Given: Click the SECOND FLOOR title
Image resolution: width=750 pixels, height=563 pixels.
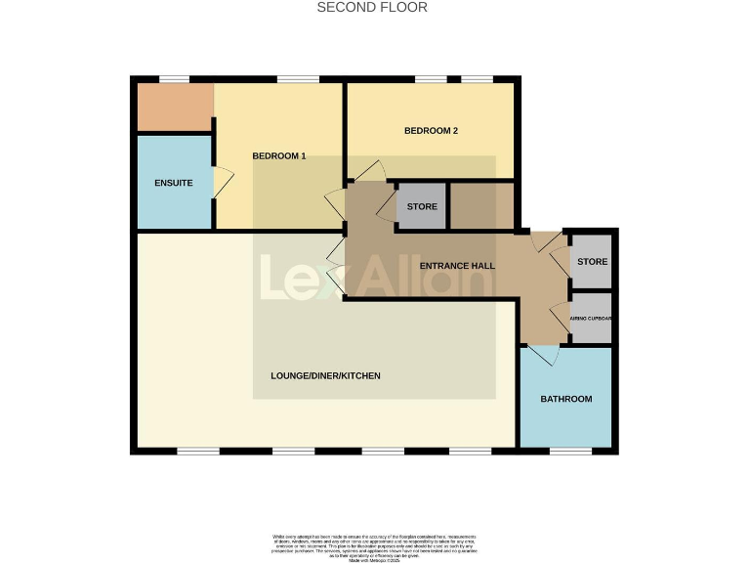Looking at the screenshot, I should pos(372,8).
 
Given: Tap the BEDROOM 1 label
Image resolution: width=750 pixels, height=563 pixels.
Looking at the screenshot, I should pos(279,156).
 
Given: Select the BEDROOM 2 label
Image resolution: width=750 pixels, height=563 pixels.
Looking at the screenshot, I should pos(431,131).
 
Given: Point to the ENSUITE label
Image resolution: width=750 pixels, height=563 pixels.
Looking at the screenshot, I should pos(173,184).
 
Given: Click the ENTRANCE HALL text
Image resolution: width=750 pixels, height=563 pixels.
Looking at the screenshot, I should pos(457,266).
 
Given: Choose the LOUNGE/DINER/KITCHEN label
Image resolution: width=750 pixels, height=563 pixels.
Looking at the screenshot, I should pos(325,376).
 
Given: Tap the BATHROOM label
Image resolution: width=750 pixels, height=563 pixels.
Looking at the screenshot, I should pos(566,400).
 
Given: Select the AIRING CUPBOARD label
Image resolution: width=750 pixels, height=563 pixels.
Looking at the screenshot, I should pos(592,319).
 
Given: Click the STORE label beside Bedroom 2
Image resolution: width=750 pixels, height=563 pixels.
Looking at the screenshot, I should pos(422,207).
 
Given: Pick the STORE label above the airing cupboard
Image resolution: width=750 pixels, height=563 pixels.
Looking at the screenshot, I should pos(592,262).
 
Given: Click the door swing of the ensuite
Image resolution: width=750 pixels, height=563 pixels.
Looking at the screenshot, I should pos(223,183).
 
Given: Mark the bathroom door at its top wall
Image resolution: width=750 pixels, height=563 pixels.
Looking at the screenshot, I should pos(543,354).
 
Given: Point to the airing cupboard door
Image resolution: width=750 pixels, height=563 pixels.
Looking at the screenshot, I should pos(560,318).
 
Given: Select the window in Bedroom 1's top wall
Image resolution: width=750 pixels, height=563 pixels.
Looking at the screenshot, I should pos(297,79).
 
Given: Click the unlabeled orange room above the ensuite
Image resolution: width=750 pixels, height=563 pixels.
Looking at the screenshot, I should pos(174,107).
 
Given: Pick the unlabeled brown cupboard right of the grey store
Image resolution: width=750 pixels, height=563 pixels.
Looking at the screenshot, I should pos(480,206).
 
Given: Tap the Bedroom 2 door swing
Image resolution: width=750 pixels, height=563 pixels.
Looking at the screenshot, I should pos(370,171).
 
